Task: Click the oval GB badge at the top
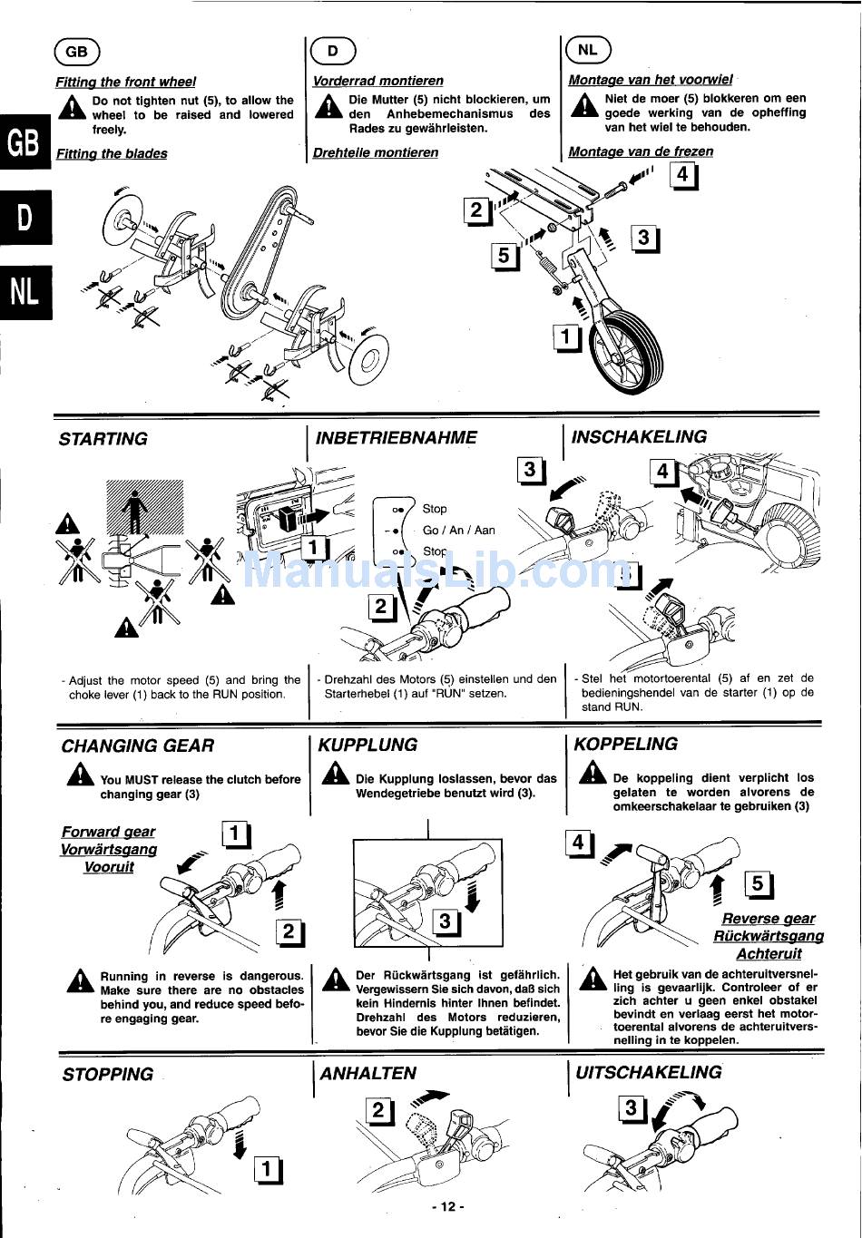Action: (77, 52)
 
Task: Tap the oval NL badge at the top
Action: (588, 50)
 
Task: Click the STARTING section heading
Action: (103, 439)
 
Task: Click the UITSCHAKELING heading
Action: (649, 1072)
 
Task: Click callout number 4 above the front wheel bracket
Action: (682, 174)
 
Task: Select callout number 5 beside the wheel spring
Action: (504, 256)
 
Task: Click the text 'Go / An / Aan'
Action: (459, 531)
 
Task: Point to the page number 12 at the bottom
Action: (447, 1207)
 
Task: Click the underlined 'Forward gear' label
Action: (108, 832)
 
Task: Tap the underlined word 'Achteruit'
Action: (769, 953)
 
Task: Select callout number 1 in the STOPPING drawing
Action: (268, 1170)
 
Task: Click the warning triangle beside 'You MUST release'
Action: (80, 775)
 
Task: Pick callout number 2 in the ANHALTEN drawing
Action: (379, 1110)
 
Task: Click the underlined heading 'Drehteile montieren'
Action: (376, 152)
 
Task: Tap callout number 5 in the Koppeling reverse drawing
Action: (758, 884)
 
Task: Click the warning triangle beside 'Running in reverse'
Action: (80, 980)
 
